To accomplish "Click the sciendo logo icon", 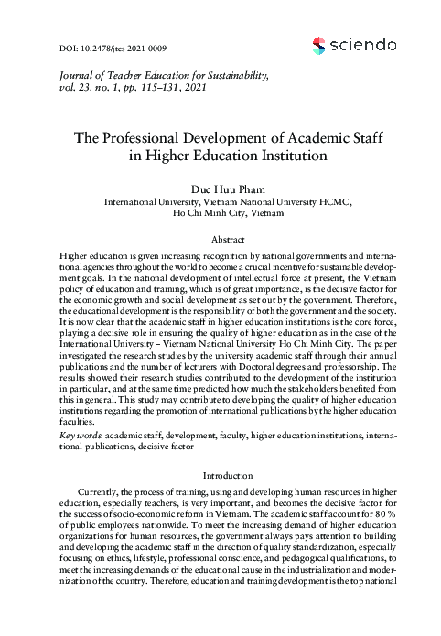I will click(x=318, y=44).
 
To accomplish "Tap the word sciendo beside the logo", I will click(x=363, y=44).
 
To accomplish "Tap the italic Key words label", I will click(x=81, y=437).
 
